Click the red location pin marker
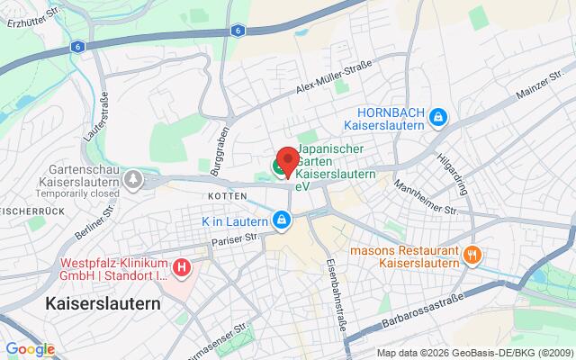286,159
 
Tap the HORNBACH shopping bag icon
436,115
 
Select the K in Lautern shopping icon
283,220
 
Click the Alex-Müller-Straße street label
334,87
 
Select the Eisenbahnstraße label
335,268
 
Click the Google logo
30,349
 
